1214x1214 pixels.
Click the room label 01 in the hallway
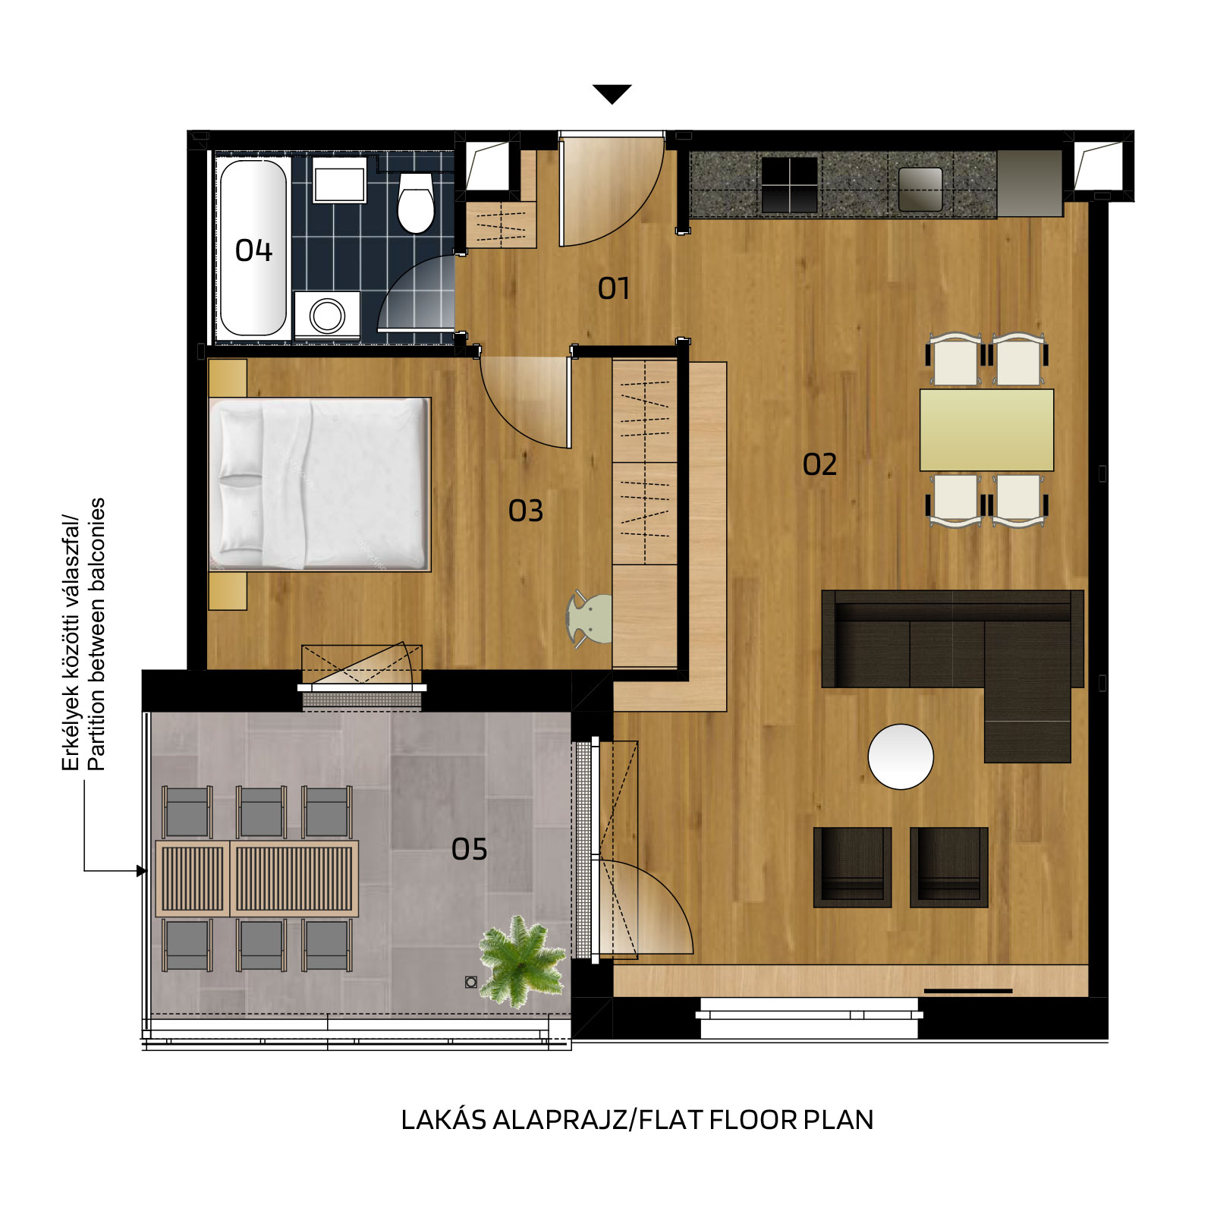tap(613, 288)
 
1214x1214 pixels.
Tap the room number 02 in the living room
tap(819, 464)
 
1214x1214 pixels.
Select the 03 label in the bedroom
tap(526, 511)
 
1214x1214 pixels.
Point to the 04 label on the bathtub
tap(253, 250)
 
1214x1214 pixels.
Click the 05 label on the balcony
tap(469, 849)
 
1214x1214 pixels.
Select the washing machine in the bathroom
tap(327, 315)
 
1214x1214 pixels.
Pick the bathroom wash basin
tap(339, 181)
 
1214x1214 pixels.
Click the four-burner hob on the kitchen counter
tap(790, 184)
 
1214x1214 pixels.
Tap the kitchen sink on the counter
tap(920, 189)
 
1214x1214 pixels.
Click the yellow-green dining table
tap(986, 430)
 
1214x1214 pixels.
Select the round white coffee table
tap(901, 756)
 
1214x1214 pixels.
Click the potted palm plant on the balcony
tap(522, 961)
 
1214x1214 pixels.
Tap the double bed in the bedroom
tap(319, 484)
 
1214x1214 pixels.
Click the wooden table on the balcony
tap(256, 879)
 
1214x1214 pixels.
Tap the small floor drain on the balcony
tap(471, 983)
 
